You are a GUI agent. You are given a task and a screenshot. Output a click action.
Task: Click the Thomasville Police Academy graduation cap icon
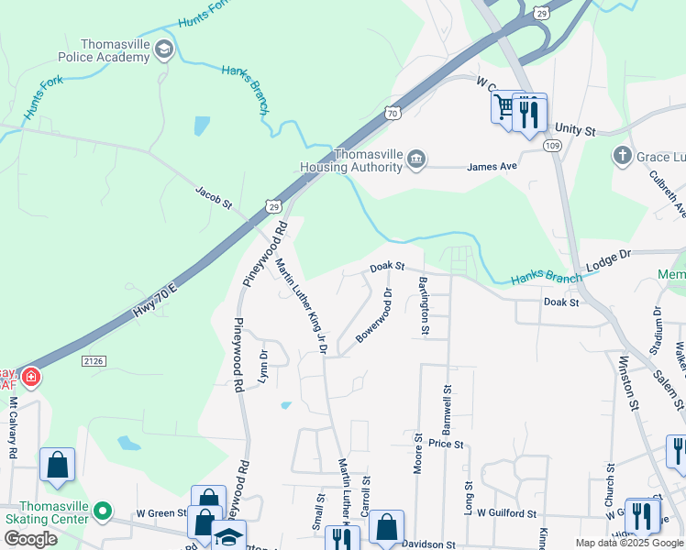point(164,49)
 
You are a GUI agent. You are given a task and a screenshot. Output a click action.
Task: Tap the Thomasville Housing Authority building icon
point(416,160)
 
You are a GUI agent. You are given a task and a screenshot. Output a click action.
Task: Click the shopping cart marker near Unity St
point(503,109)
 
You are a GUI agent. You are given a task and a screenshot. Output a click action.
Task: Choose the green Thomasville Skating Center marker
point(103,511)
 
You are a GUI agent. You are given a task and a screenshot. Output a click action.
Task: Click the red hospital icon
point(30,377)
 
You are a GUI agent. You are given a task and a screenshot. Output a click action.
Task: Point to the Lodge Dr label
point(609,260)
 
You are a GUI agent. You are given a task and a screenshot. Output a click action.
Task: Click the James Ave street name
point(492,167)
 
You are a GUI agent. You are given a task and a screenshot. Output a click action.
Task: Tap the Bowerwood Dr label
point(373,317)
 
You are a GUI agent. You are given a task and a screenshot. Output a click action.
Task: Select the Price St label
point(446,444)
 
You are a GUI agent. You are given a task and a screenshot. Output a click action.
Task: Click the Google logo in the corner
point(29,539)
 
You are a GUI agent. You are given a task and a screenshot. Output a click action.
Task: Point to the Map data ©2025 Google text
point(629,543)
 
